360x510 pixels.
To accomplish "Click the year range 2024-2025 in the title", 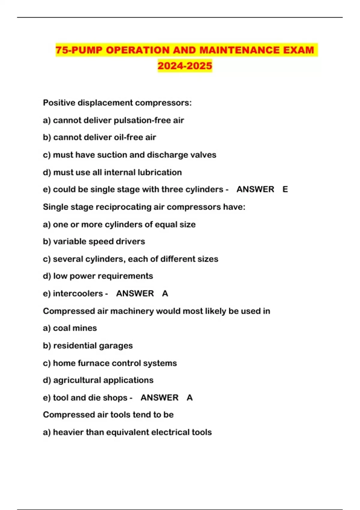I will [x=185, y=65].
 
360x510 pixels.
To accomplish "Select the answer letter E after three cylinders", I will [x=285, y=189].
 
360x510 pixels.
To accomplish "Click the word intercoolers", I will [x=78, y=293].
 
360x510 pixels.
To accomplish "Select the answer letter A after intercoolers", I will [x=165, y=293].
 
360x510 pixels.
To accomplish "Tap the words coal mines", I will [x=75, y=328].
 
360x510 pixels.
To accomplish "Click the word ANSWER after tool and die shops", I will [x=159, y=397].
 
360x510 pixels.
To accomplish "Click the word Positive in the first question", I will [x=59, y=103].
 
